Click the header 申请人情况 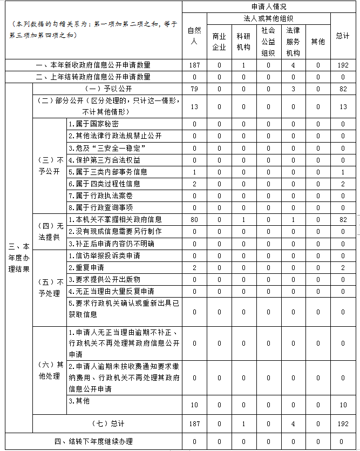[269, 6]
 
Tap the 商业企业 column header [219, 42]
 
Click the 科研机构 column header [243, 42]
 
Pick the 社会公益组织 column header [268, 42]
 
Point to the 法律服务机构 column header [293, 42]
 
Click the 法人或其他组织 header [256, 18]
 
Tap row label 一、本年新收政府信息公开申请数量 [93, 65]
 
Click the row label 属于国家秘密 [94, 124]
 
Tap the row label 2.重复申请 [86, 267]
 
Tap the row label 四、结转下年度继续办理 [93, 441]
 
